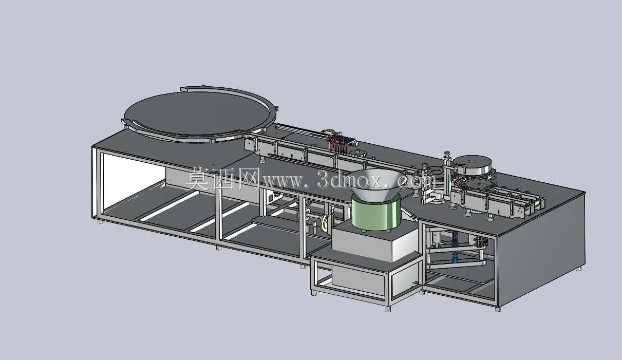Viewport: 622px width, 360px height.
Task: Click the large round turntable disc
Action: [197, 114]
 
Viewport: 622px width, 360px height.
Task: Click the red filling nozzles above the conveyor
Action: [336, 145]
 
